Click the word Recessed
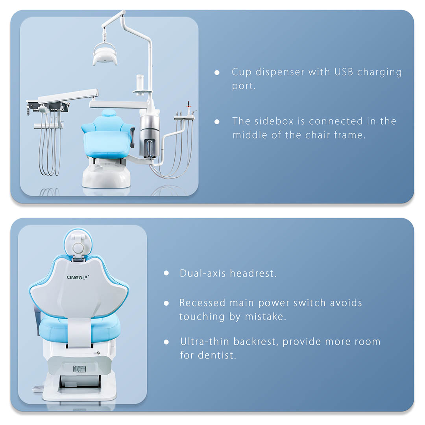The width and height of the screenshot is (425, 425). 202,303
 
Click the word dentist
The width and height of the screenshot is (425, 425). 217,355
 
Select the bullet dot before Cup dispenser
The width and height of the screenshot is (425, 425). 217,73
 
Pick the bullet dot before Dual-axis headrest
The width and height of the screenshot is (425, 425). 166,273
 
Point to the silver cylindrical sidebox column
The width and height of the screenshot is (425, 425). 150,134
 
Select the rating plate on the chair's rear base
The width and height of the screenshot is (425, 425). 79,369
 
